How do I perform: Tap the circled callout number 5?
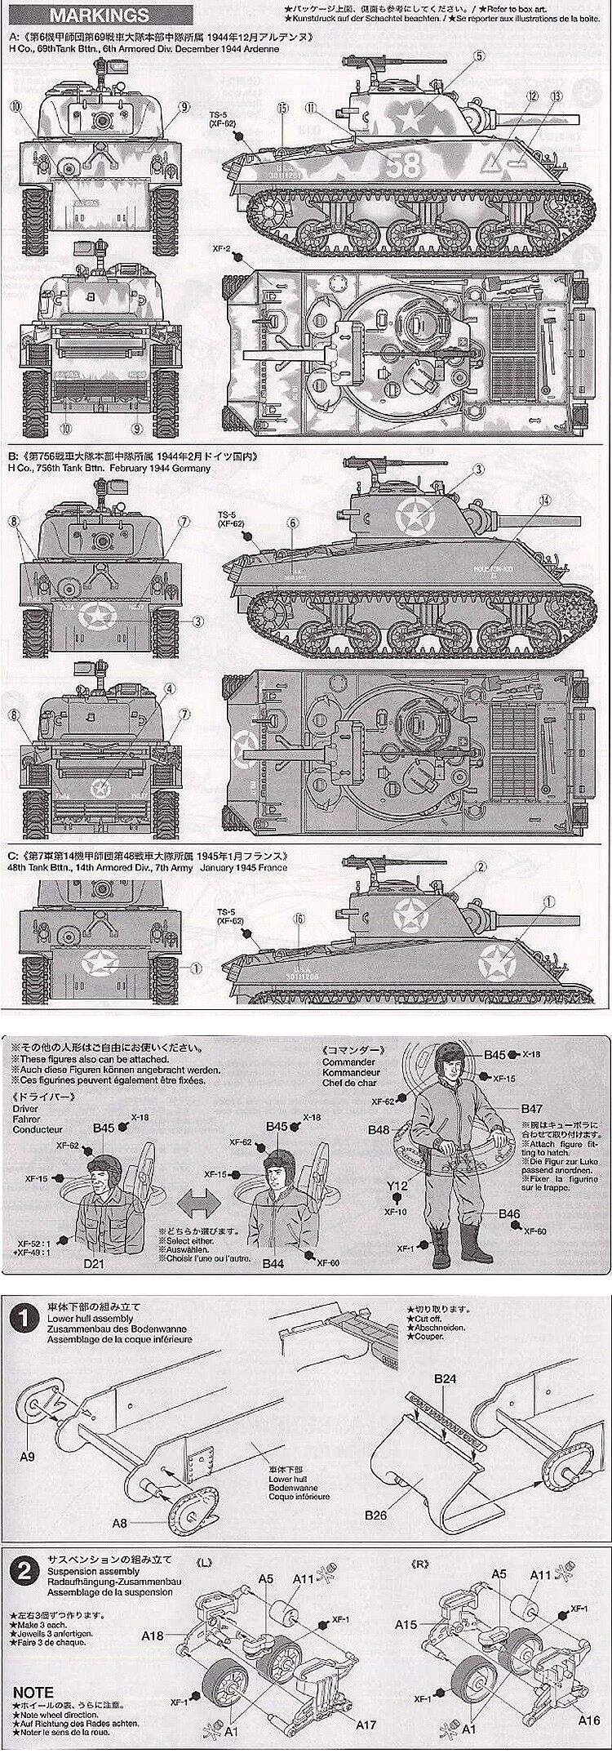(479, 56)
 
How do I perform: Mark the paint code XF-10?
(397, 1235)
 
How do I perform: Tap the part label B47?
(532, 1108)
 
